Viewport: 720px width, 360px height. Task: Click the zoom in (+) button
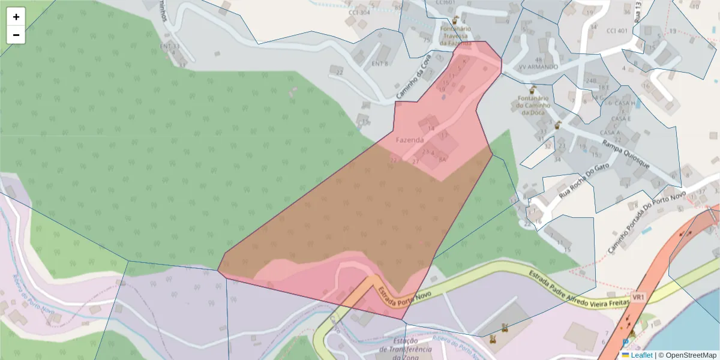16,17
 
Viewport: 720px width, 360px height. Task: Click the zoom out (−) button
16,35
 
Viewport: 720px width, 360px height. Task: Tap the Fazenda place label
410,140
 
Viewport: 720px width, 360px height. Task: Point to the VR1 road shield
638,297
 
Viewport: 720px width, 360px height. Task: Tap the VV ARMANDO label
538,67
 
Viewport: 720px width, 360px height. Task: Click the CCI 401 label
617,31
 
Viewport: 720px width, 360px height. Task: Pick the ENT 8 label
380,64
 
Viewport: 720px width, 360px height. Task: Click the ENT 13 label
170,46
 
